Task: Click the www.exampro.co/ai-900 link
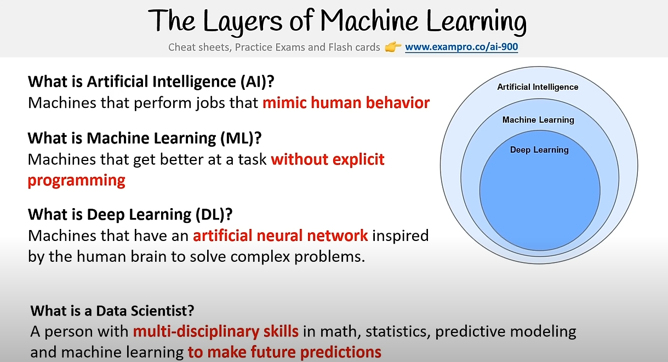point(461,47)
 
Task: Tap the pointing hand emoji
point(393,47)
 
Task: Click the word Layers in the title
point(242,21)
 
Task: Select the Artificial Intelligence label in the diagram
point(538,87)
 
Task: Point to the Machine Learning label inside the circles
point(538,120)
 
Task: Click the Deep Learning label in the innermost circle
point(539,150)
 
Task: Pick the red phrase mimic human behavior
point(346,103)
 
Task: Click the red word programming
point(76,181)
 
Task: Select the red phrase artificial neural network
point(281,235)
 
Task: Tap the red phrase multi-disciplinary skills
point(215,331)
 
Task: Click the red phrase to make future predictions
point(284,352)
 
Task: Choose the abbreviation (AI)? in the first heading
point(258,82)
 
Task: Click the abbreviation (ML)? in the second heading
point(241,138)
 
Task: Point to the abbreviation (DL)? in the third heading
point(214,214)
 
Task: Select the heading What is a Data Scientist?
point(112,311)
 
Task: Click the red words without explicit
point(328,159)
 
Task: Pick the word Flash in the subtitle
point(340,47)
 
